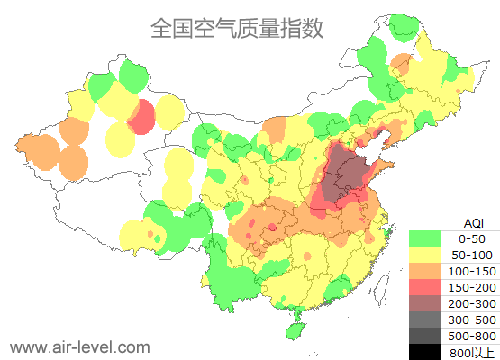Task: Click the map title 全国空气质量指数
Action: tap(237, 29)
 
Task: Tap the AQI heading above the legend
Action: tap(473, 222)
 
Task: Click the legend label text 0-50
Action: tap(473, 238)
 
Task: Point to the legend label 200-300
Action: tap(473, 303)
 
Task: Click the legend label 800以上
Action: tap(473, 352)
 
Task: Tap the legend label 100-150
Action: tap(473, 271)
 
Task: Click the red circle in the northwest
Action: tap(141, 117)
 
